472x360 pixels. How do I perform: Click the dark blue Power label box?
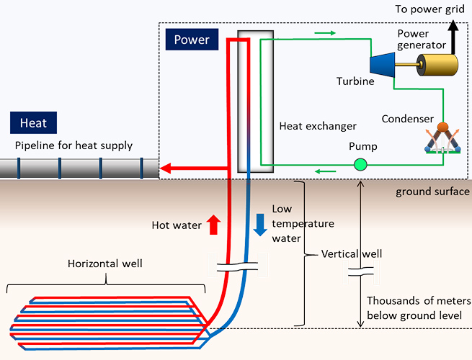pyautogui.click(x=192, y=39)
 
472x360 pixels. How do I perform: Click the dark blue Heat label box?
pyautogui.click(x=33, y=122)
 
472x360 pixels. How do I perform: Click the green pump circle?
pyautogui.click(x=360, y=165)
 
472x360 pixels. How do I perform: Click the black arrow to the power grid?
pyautogui.click(x=453, y=36)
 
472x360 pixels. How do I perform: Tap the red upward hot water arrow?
pyautogui.click(x=213, y=225)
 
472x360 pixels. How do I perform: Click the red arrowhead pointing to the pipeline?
pyautogui.click(x=166, y=169)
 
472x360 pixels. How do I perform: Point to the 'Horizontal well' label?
pyautogui.click(x=104, y=264)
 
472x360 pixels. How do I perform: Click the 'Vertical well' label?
pyautogui.click(x=351, y=254)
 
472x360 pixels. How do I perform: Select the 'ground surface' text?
pyautogui.click(x=430, y=192)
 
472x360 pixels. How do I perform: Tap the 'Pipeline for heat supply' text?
pyautogui.click(x=74, y=145)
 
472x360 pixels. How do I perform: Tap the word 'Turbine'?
pyautogui.click(x=355, y=81)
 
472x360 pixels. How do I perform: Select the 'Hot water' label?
pyautogui.click(x=177, y=225)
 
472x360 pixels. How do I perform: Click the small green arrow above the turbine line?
pyautogui.click(x=325, y=33)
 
